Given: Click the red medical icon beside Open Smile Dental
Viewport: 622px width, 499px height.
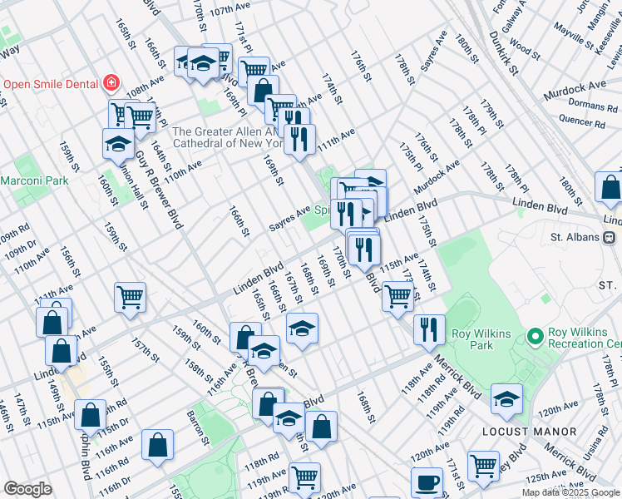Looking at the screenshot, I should pos(111,84).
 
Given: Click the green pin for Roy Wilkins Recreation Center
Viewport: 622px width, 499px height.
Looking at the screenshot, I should pos(535,337).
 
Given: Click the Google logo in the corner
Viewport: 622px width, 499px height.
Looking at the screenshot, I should pos(27,489).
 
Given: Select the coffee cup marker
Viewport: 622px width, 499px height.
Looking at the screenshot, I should pos(427,482).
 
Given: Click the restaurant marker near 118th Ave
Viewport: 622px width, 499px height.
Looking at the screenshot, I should pos(429,329).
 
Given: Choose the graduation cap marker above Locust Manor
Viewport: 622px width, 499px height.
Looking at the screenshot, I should pos(506,398).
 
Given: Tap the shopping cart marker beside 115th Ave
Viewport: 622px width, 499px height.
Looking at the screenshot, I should pos(398,294).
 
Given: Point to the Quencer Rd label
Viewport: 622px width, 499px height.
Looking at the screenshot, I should pos(581,121).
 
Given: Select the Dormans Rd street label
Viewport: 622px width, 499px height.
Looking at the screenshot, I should pos(588,106).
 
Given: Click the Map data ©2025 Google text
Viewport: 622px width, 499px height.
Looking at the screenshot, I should pos(570,492).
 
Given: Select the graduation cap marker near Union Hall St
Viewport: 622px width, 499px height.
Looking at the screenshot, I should pos(118,143).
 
